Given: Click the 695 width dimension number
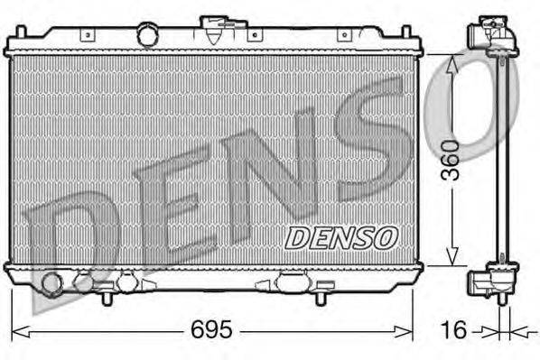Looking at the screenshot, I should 211,331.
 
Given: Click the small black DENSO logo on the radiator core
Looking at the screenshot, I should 340,237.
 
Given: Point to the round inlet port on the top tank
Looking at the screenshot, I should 146,34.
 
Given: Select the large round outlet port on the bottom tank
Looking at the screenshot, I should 53,285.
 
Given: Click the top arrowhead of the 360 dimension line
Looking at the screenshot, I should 453,60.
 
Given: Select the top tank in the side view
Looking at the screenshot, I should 491,38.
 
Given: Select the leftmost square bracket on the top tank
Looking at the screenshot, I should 87,35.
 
